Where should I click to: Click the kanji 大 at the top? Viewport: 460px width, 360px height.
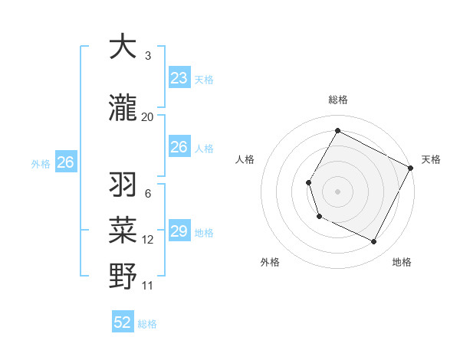123,47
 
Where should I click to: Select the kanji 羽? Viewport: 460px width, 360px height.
123,185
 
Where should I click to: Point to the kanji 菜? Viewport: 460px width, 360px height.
123,230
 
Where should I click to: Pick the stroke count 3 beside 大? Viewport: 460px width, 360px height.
147,56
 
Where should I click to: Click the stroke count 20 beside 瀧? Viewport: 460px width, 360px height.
147,116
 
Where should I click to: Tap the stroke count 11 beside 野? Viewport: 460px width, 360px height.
148,286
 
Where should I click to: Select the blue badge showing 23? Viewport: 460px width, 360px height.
179,78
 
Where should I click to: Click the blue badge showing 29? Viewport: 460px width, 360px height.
179,231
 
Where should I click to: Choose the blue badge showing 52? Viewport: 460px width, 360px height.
123,322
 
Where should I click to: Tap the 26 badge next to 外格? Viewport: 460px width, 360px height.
66,162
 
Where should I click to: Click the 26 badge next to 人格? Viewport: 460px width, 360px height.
179,147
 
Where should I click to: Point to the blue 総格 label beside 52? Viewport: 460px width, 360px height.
147,324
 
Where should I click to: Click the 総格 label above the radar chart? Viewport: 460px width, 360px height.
337,100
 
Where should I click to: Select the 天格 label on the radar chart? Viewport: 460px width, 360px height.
431,159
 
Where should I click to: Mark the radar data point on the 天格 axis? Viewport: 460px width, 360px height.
410,167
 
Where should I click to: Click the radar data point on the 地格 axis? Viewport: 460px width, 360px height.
374,242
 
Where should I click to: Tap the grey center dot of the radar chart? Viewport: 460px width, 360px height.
337,191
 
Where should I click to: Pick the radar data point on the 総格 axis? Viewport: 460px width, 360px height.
337,130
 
